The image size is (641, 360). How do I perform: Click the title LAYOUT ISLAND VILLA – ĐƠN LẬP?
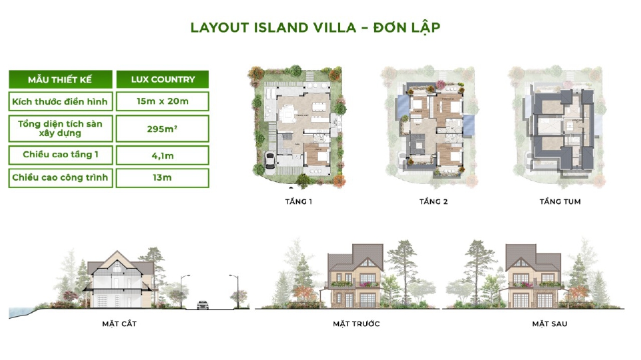coord(315,27)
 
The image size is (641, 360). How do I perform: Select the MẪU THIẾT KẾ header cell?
coord(59,79)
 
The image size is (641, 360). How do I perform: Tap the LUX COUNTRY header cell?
coord(162,79)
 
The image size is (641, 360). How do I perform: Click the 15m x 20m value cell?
coord(162,101)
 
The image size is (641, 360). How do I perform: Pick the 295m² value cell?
coord(162,129)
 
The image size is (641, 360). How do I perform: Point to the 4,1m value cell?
coord(162,155)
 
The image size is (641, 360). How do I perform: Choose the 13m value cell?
coord(162,177)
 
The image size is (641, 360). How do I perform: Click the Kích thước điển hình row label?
coord(59,101)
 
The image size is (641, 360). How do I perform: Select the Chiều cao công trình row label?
coord(59,177)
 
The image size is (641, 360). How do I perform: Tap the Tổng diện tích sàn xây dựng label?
coord(59,129)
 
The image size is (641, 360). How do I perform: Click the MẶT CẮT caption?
coord(120,324)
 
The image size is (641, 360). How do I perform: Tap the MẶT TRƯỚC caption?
coord(356,324)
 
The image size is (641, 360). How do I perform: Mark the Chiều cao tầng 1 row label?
coord(59,155)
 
